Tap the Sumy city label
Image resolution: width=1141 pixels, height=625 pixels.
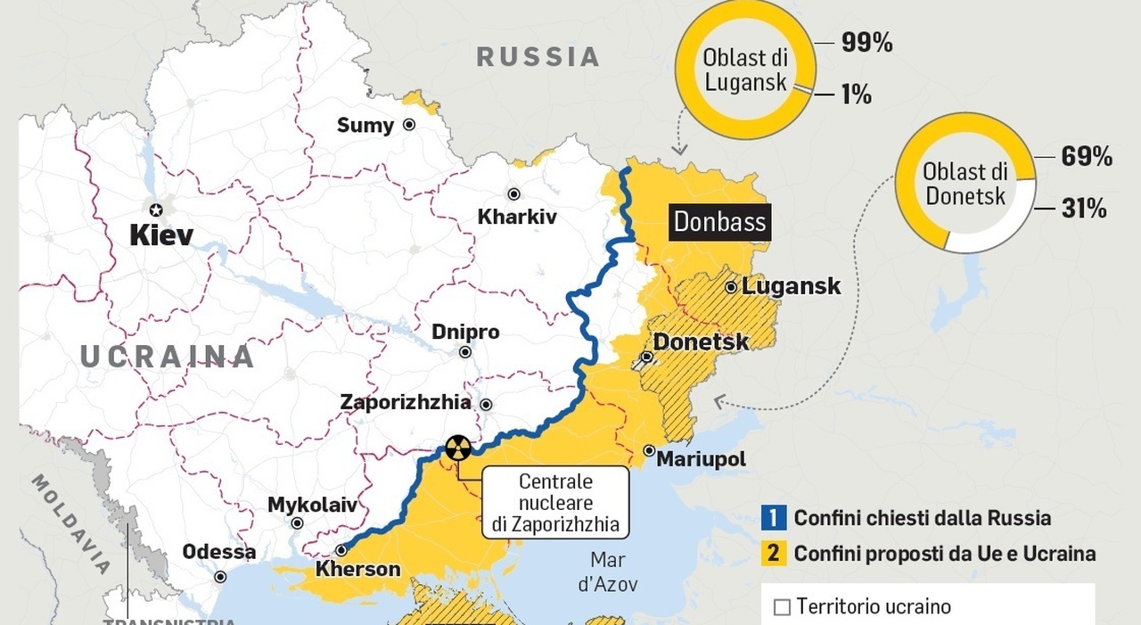[365, 126]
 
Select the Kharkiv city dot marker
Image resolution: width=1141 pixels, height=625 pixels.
[513, 194]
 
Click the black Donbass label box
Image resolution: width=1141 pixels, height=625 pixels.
[720, 221]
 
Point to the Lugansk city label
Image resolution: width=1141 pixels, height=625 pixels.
[791, 286]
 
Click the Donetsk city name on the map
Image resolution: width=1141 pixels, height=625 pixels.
[701, 341]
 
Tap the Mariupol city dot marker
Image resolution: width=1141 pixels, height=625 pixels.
[649, 451]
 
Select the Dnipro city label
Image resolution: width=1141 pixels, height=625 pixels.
[465, 332]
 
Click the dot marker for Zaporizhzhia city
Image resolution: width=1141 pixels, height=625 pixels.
[486, 404]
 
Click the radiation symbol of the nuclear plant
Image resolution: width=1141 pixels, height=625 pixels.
[458, 448]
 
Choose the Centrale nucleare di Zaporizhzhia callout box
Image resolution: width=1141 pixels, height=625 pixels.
[555, 503]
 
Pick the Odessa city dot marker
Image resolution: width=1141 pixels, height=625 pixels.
[220, 577]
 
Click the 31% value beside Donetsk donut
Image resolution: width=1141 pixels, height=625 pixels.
[1084, 209]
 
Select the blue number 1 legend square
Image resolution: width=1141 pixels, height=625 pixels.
[774, 518]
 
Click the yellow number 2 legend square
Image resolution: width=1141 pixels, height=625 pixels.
[774, 554]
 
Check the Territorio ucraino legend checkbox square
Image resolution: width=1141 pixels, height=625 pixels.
[782, 607]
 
